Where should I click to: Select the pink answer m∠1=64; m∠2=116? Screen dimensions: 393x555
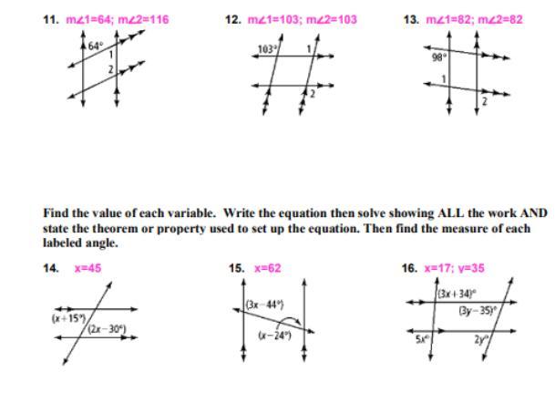pos(117,19)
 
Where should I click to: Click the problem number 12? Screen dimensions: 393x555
pos(233,19)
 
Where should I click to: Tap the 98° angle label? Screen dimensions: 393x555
pos(438,57)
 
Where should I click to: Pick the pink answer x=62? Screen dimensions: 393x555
pos(267,268)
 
